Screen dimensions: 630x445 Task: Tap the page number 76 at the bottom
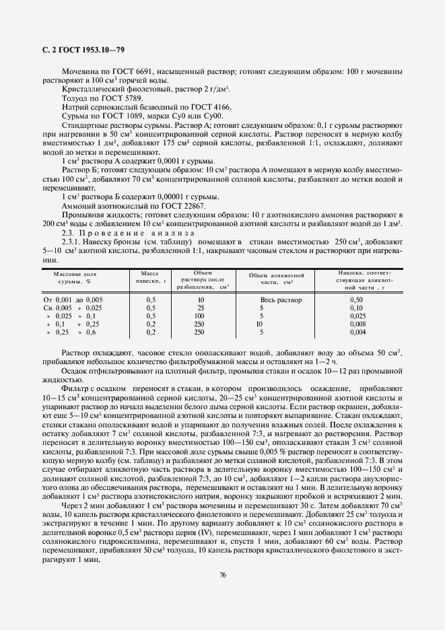(x=221, y=574)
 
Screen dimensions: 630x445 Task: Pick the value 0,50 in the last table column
(x=357, y=300)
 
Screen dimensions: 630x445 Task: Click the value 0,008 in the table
(x=357, y=324)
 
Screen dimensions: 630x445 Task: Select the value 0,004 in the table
(x=357, y=332)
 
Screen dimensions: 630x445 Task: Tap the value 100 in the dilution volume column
(x=199, y=316)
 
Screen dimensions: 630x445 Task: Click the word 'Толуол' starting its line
(x=75, y=98)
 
